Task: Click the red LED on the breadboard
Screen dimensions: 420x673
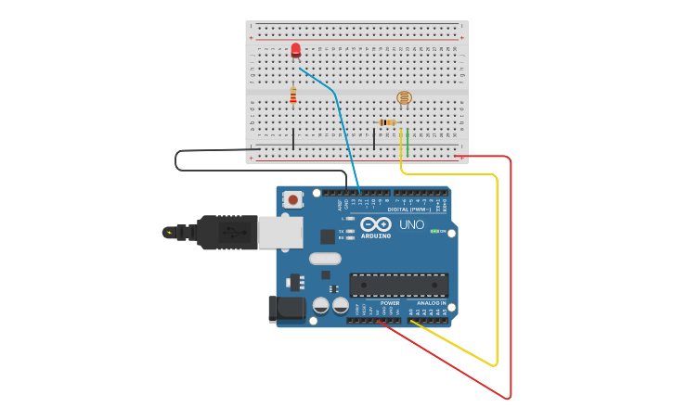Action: coord(295,50)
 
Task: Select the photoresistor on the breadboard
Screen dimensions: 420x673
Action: coord(404,97)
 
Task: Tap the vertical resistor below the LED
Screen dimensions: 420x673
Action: coord(293,95)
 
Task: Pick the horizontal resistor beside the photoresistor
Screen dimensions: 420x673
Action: coord(388,122)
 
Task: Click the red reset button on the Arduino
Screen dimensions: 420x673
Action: coord(293,198)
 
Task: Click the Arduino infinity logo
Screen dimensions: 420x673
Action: coord(375,224)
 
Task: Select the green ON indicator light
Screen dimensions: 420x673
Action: coord(434,231)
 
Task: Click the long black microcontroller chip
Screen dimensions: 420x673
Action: coord(399,285)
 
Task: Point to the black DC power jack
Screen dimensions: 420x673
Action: coord(286,309)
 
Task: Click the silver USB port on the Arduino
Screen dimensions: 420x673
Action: coord(279,232)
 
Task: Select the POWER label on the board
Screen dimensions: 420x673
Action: coord(390,302)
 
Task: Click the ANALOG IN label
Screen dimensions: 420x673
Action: coord(431,302)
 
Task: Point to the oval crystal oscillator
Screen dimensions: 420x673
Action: coord(325,259)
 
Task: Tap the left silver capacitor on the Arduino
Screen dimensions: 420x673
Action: coord(320,305)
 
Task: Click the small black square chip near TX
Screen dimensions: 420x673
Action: coord(328,236)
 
